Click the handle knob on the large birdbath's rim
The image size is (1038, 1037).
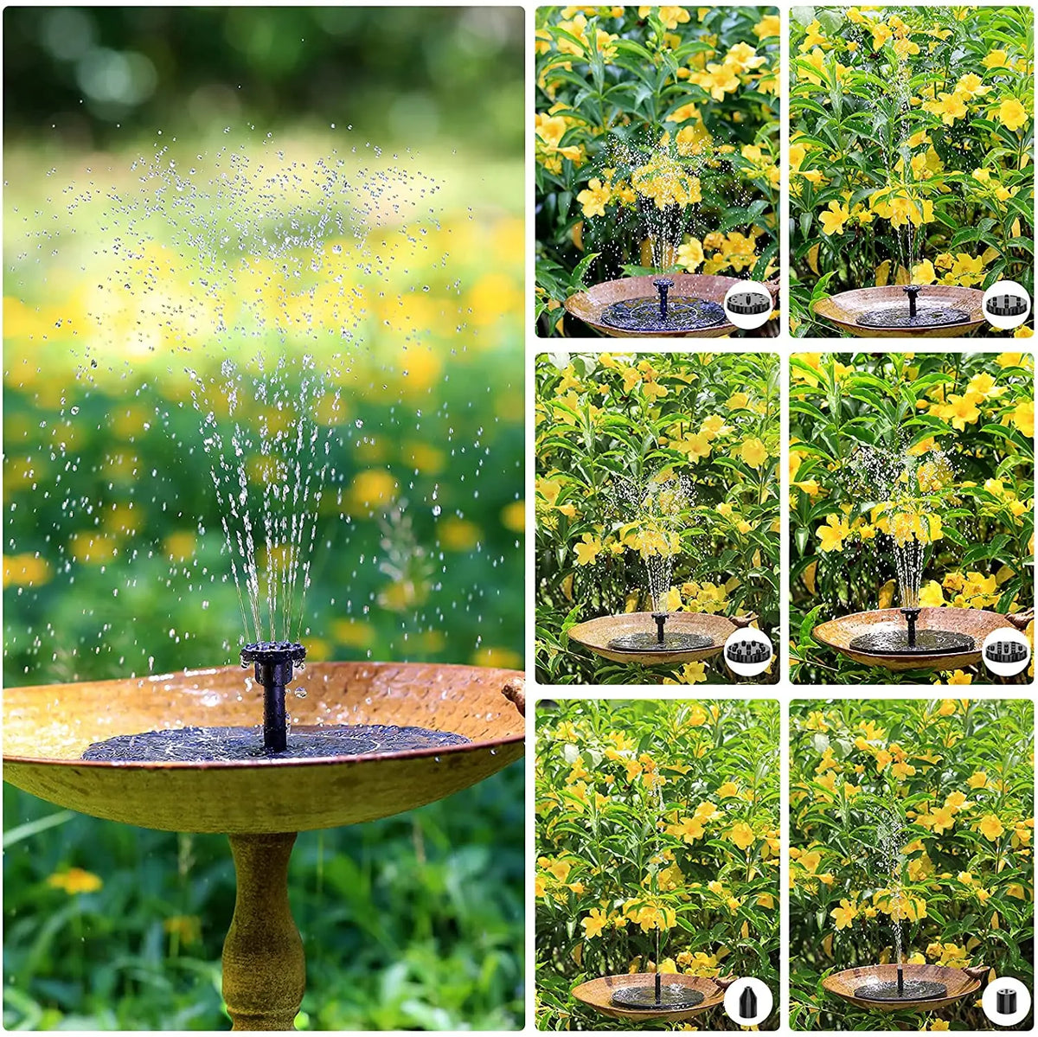click(515, 692)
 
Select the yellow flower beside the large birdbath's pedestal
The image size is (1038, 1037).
click(74, 880)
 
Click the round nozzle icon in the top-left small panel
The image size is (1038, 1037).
click(747, 304)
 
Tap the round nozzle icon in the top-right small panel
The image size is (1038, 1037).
click(1006, 304)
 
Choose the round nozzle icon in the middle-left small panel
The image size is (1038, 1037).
click(747, 651)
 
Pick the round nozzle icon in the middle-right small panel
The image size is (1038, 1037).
click(1006, 651)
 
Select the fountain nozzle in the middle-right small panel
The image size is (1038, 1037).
click(910, 618)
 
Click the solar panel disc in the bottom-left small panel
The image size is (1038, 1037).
click(657, 996)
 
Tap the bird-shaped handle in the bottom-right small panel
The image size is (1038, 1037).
click(977, 972)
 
